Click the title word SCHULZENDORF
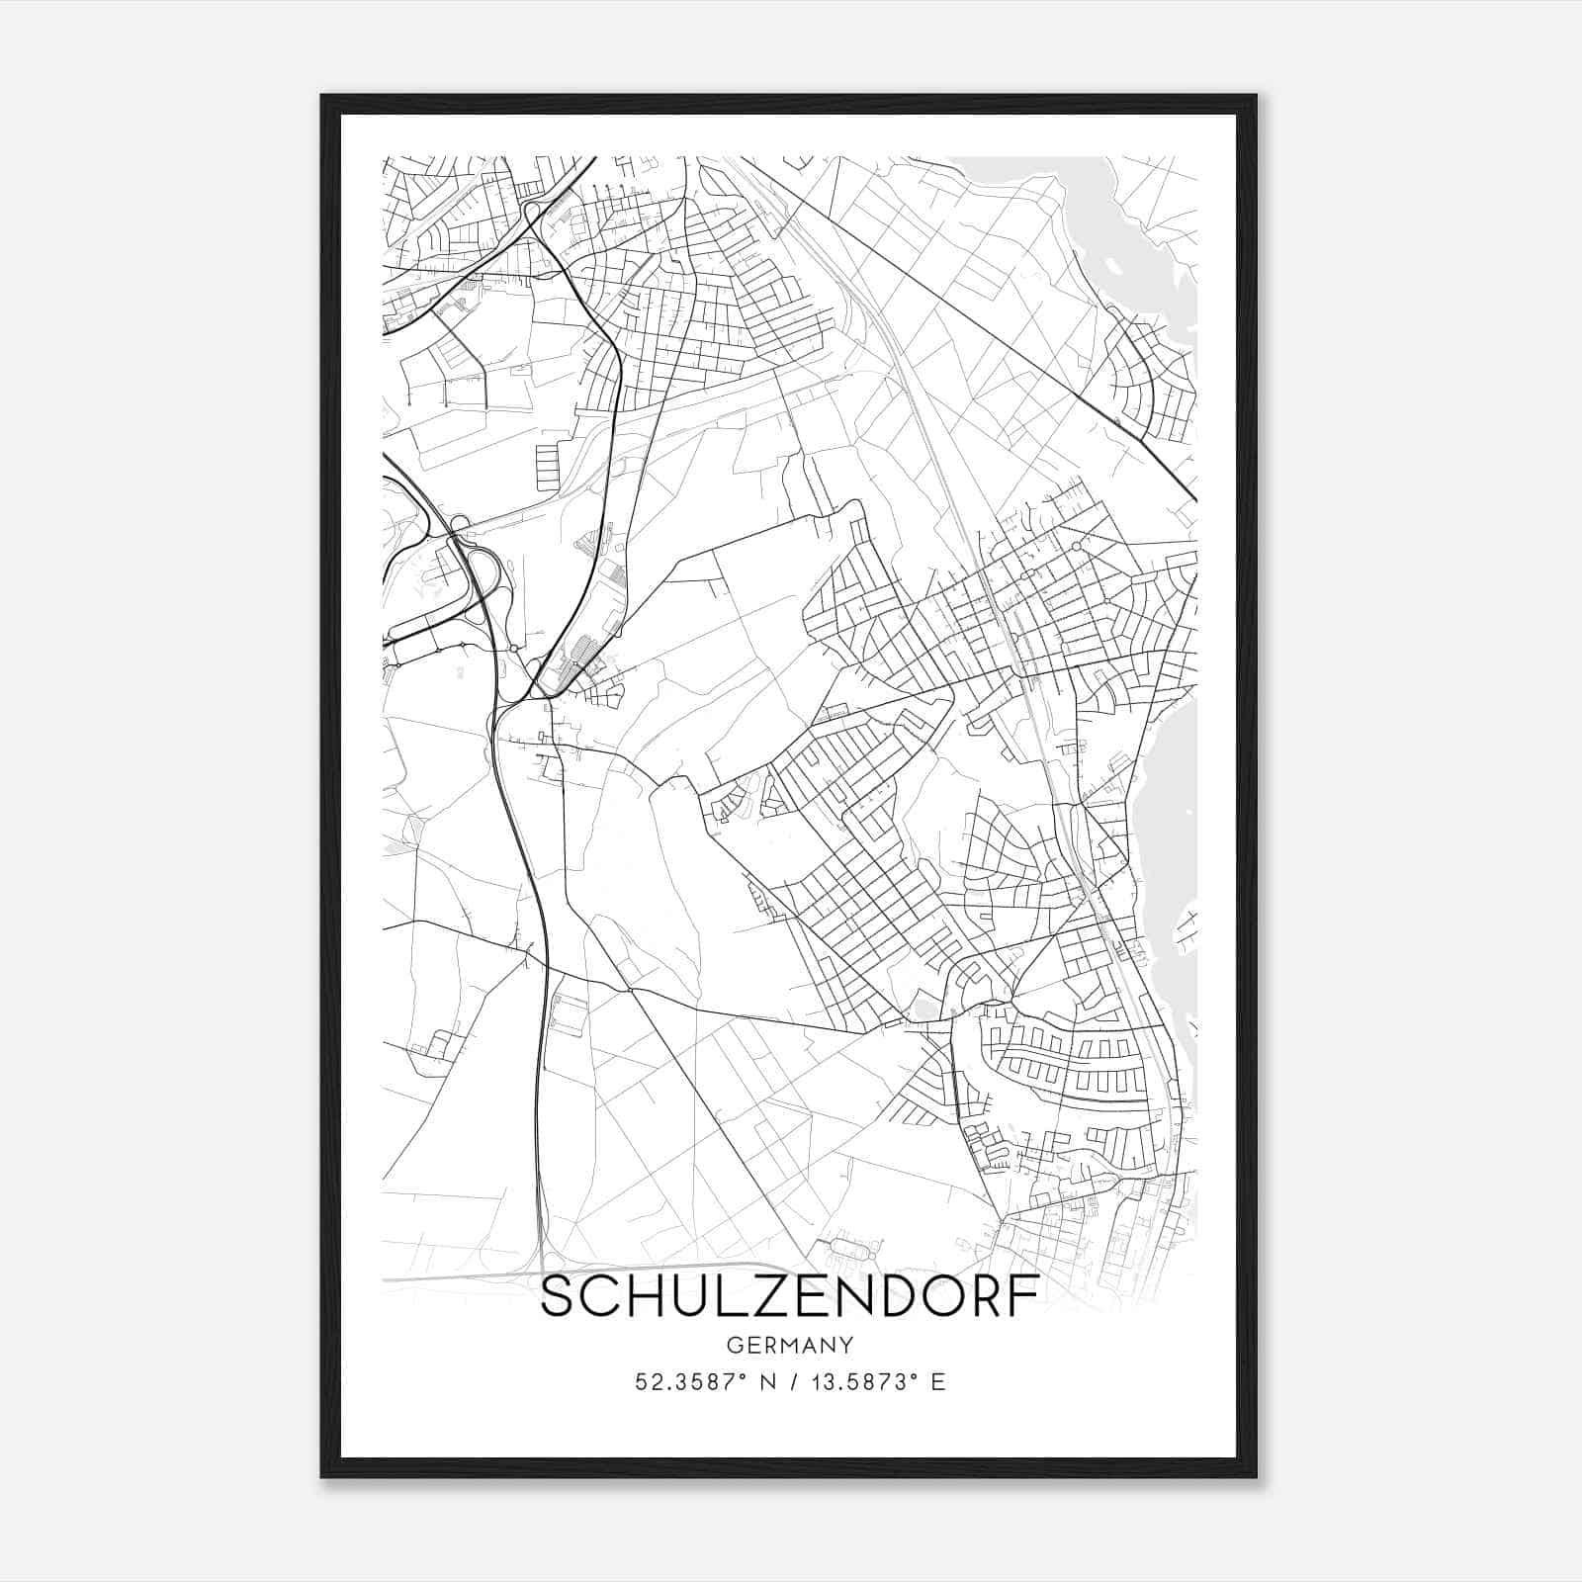tap(790, 1297)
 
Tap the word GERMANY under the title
tap(790, 1346)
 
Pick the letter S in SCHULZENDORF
tap(559, 1297)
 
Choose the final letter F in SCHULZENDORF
tap(1026, 1297)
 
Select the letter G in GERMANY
tap(734, 1346)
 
